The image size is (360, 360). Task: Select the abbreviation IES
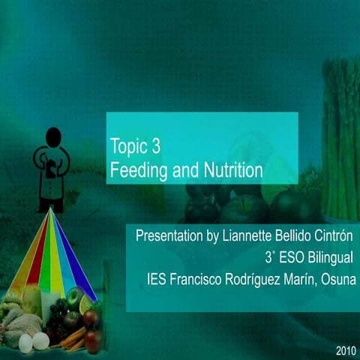tap(160, 280)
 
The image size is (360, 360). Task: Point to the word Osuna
tap(335, 280)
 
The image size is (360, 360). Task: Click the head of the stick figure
tap(53, 137)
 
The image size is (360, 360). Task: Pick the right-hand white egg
tap(40, 341)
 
